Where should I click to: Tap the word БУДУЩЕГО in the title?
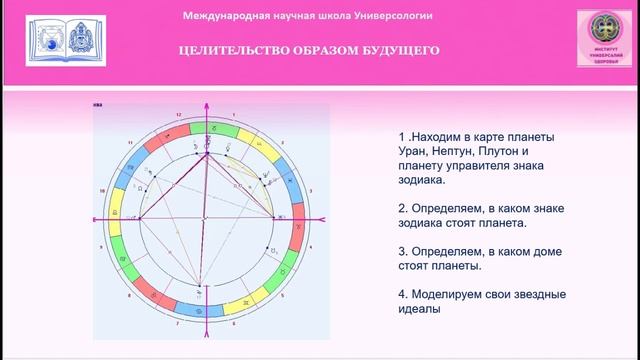click(x=397, y=50)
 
